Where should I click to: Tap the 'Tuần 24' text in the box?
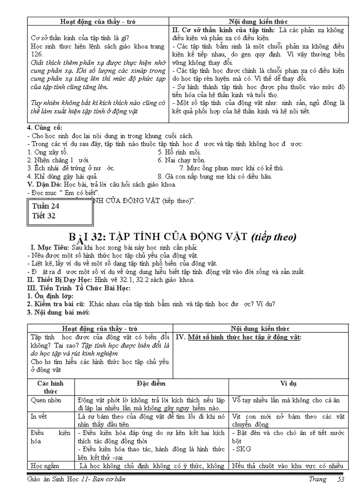46,206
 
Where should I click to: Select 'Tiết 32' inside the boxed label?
44,216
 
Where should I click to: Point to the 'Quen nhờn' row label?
46,400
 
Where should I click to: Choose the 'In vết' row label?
39,416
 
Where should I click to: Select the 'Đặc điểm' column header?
151,383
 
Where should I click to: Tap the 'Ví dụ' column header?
289,383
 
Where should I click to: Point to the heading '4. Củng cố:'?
45,128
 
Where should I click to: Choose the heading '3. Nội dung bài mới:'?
59,313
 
